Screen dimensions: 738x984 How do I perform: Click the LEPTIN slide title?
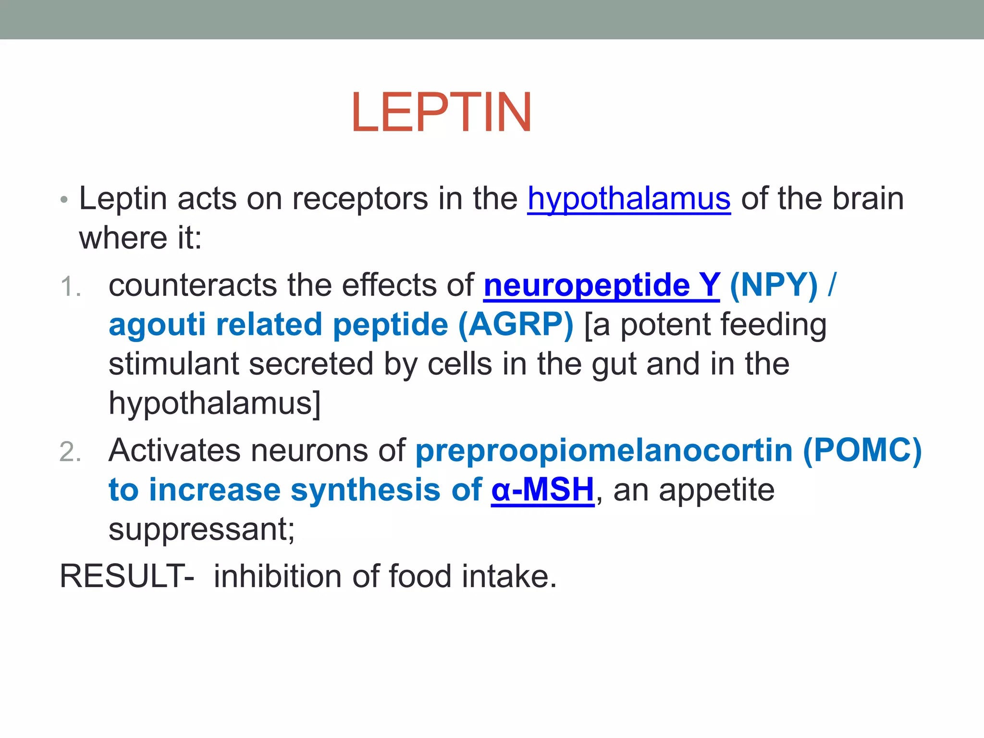point(441,112)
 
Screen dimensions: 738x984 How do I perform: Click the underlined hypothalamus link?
point(629,198)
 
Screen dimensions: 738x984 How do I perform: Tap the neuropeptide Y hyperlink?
point(602,285)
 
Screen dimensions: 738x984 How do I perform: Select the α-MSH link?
point(542,490)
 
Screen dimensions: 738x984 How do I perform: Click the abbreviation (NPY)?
point(773,285)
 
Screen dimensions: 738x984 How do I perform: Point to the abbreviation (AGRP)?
point(516,325)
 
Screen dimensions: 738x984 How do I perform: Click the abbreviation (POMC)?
point(862,451)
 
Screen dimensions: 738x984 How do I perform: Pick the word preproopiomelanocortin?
point(604,452)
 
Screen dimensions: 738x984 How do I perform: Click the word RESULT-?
point(127,576)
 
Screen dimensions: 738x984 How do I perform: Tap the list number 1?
point(70,287)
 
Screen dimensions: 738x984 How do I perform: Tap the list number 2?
point(70,453)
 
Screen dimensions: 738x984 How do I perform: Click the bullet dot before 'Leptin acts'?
point(64,200)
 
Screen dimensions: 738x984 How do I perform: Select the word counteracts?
point(193,285)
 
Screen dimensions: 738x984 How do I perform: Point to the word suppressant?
point(202,529)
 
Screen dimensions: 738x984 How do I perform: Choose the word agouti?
point(157,325)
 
